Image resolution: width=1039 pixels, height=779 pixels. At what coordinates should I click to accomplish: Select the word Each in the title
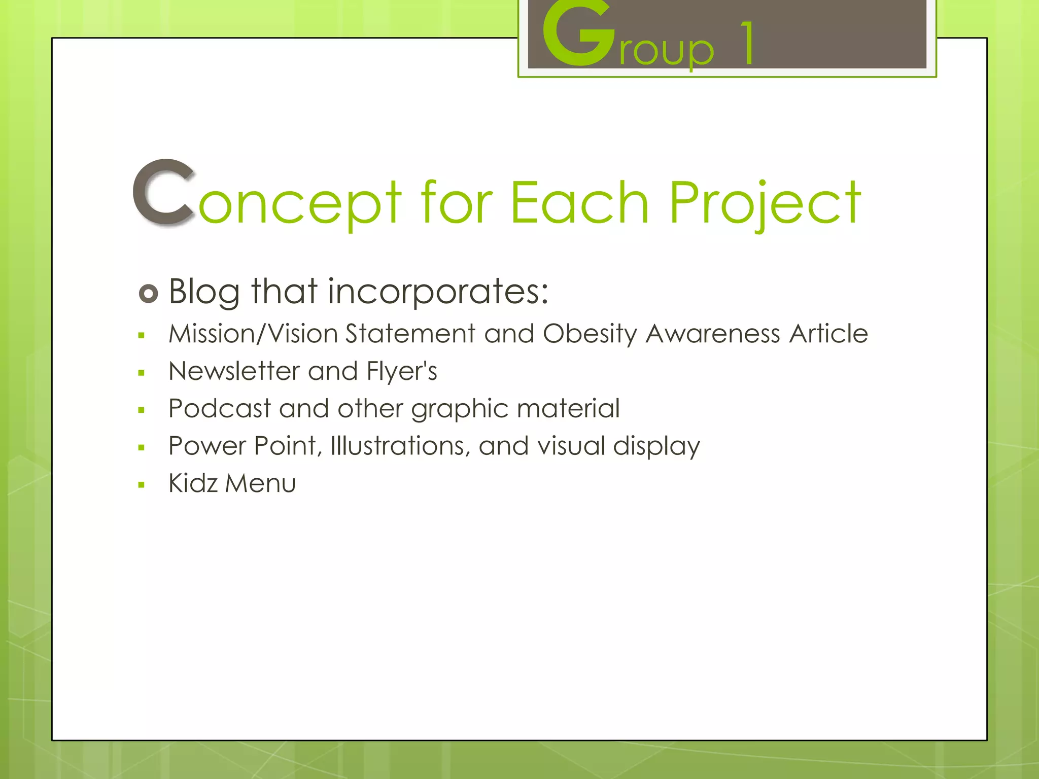pyautogui.click(x=579, y=203)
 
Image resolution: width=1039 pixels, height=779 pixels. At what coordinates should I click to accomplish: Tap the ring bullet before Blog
pyautogui.click(x=148, y=294)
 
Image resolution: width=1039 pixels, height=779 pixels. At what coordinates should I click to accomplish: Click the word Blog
pyautogui.click(x=204, y=292)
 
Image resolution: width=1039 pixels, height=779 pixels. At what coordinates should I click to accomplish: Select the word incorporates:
pyautogui.click(x=438, y=292)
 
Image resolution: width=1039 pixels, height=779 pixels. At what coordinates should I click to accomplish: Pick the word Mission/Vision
pyautogui.click(x=253, y=334)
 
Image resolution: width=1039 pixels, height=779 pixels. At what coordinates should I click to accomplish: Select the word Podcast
pyautogui.click(x=220, y=409)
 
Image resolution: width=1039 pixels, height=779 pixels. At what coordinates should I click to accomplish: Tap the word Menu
pyautogui.click(x=260, y=483)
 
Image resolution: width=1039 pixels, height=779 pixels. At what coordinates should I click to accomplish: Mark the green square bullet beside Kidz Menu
pyautogui.click(x=142, y=485)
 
